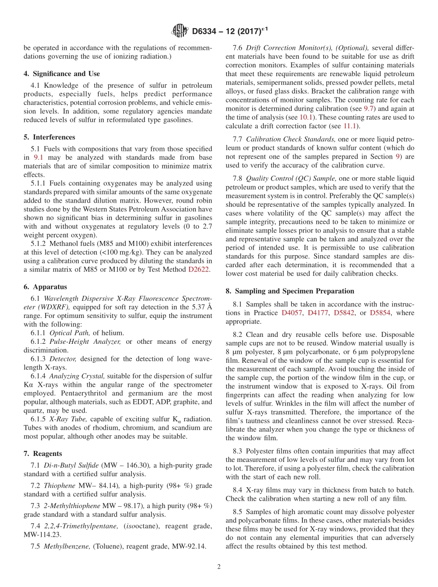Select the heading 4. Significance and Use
(x=62, y=74)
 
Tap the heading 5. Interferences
(x=49, y=137)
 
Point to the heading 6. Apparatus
(x=45, y=287)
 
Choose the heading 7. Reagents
(x=43, y=454)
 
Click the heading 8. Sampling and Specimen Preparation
(x=290, y=291)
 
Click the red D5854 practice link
(x=381, y=313)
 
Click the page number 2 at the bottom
(x=219, y=567)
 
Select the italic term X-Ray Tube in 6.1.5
(x=65, y=419)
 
